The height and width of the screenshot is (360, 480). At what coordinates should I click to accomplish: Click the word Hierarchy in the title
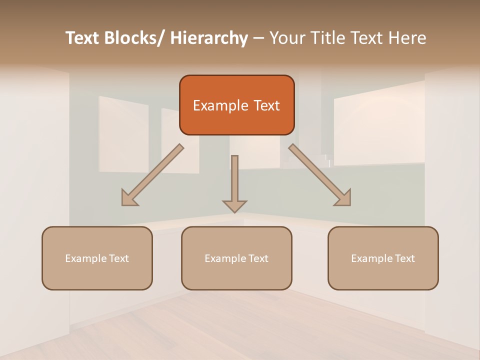coord(209,38)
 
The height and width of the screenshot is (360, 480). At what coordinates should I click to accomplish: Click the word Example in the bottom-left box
coord(85,258)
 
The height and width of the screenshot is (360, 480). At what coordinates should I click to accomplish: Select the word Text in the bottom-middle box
coord(257,258)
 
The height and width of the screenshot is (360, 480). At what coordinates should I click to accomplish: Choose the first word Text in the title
coord(83,38)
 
